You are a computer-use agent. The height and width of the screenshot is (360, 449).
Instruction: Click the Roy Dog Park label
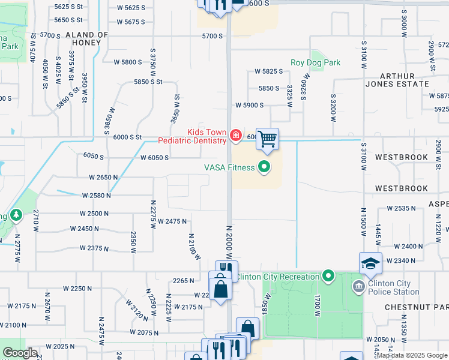[315, 62]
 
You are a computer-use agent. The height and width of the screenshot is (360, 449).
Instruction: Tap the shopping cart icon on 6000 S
[267, 139]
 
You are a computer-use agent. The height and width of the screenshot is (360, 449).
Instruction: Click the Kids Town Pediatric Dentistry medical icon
[235, 136]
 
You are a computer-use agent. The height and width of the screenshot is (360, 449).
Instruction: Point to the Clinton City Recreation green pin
[328, 277]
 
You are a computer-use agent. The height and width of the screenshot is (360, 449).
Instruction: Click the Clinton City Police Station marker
[358, 286]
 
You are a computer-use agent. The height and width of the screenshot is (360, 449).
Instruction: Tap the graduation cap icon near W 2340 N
[370, 263]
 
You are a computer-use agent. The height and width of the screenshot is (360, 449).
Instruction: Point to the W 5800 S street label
[128, 62]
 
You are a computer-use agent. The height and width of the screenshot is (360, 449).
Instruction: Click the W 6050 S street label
[154, 158]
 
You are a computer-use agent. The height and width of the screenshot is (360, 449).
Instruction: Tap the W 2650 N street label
[103, 178]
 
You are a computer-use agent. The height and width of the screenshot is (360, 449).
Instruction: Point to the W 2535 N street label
[402, 208]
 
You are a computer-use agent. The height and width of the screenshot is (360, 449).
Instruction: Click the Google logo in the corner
[20, 353]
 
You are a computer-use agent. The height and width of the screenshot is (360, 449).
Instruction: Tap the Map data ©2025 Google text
[412, 355]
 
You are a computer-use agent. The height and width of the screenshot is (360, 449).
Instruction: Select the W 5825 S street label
[268, 71]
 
